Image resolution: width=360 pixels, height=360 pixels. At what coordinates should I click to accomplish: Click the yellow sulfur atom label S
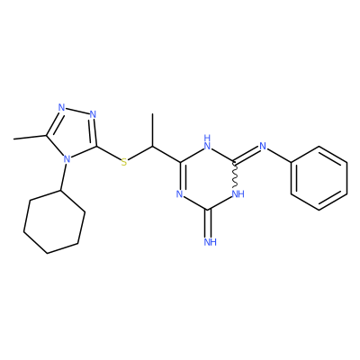point(124,162)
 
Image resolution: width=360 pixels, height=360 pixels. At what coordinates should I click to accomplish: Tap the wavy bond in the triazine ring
point(236,175)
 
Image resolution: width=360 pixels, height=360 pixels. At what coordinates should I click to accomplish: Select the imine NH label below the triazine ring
point(211,242)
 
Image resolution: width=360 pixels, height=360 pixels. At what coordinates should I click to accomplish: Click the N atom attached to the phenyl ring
point(263,147)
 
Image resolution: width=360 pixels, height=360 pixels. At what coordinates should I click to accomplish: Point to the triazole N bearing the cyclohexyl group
point(67,158)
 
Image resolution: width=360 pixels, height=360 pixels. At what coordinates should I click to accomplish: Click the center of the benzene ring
point(319,178)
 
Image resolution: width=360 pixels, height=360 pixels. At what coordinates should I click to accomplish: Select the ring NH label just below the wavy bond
point(238,194)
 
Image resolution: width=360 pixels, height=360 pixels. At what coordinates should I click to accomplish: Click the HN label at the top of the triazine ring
point(207,141)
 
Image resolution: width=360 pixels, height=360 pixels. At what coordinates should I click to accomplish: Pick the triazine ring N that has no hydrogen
point(179,194)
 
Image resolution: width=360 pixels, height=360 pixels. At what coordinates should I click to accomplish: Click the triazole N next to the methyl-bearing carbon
point(61,107)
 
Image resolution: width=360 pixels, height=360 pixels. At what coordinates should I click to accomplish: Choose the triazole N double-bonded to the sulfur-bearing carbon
point(93,114)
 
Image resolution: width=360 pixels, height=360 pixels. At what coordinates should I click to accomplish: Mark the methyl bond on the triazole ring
point(30,137)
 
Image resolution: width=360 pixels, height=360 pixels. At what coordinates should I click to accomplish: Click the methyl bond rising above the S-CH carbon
point(152,130)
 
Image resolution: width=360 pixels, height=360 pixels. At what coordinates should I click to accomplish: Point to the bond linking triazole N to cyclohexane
point(64,176)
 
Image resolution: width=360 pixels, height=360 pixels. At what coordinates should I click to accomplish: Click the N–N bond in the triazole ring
point(77,111)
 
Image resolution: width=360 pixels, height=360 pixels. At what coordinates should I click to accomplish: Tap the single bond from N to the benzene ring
point(279,156)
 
